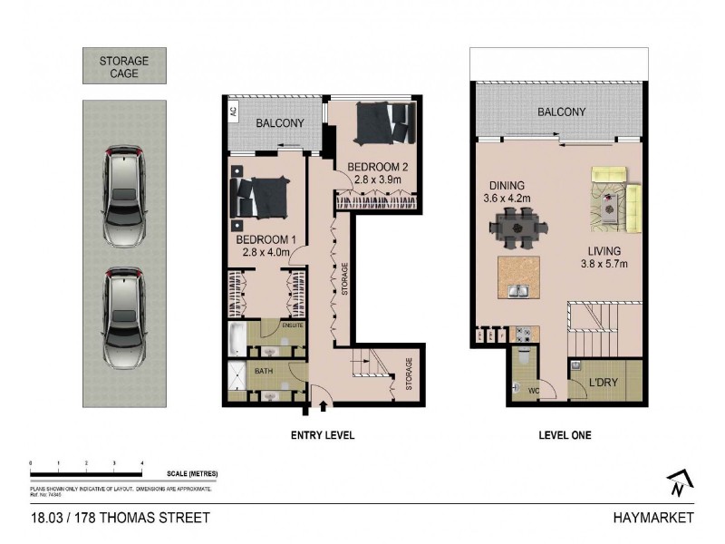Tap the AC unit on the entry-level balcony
tap(232, 112)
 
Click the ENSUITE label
tap(292, 325)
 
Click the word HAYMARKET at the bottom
tap(652, 518)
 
